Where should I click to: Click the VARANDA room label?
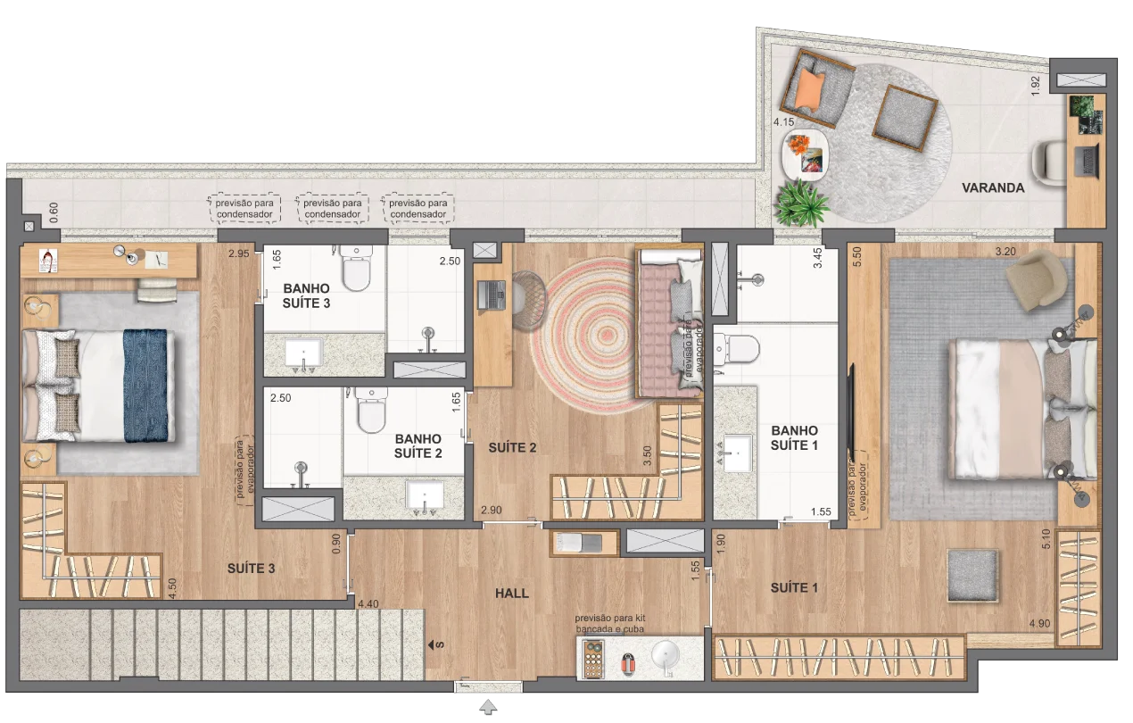(993, 188)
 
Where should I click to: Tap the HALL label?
(512, 593)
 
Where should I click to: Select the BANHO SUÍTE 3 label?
(307, 296)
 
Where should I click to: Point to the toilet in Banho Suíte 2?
(371, 410)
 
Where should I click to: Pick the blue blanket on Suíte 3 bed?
(145, 386)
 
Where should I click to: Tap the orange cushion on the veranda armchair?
(810, 89)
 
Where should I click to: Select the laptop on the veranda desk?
(1087, 161)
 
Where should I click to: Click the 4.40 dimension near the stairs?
(368, 603)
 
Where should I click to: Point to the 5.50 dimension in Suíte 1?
(856, 257)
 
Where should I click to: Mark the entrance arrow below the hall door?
(488, 707)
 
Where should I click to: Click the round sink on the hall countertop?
(666, 657)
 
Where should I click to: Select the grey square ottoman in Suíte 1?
(972, 576)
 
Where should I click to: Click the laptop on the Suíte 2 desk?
(492, 295)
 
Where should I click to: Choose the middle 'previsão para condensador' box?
(332, 208)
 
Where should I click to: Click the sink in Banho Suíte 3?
(303, 353)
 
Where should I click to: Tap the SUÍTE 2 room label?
(512, 448)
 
